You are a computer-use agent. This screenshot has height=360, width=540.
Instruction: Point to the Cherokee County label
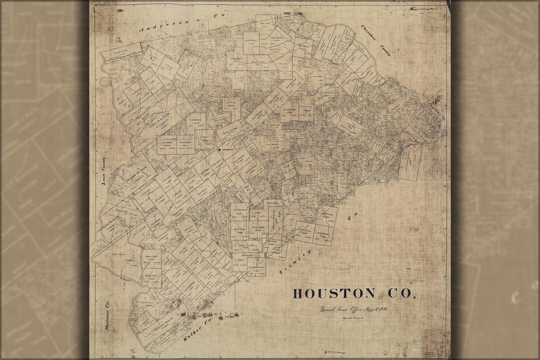click(x=376, y=41)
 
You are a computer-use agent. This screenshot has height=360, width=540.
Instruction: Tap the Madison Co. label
click(x=107, y=313)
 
